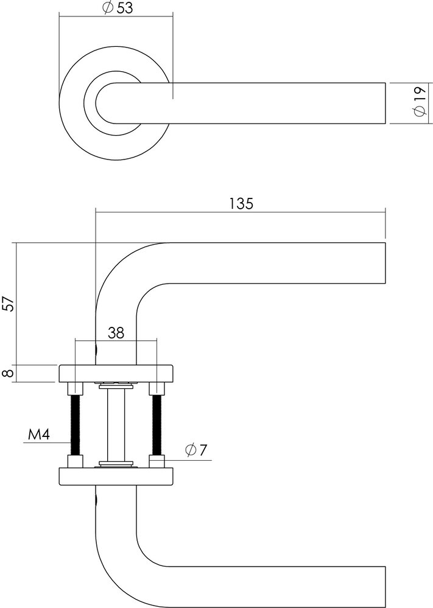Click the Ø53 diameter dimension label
click(116, 8)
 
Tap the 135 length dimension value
click(241, 203)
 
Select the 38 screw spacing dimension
click(116, 332)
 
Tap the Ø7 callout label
click(196, 450)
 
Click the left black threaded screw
click(76, 424)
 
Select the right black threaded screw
click(157, 424)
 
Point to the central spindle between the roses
click(116, 425)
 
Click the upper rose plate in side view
click(116, 372)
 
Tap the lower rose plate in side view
click(116, 476)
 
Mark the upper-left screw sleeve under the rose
click(76, 388)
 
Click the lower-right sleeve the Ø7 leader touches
click(157, 461)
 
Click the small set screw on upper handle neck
click(97, 351)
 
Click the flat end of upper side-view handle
click(385, 263)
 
